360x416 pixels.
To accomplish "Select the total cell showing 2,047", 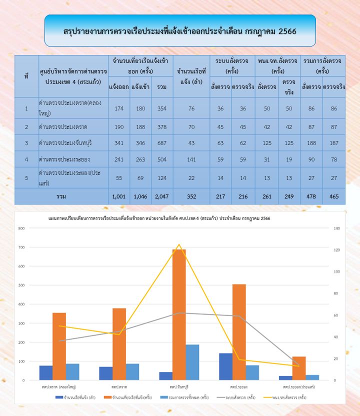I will (161, 196).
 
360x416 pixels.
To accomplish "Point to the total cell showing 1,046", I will (140, 196).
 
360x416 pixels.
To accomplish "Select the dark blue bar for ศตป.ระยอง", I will (225, 366).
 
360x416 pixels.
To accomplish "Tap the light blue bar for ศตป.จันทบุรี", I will (192, 362).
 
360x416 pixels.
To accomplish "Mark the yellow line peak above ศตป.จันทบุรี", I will (179, 245).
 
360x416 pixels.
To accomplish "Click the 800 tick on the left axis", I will (21, 228).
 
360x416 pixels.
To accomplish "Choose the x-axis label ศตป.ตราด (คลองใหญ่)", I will (59, 387).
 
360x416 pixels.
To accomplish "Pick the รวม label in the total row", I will (61, 196).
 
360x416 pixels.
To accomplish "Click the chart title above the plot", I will (159, 219).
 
